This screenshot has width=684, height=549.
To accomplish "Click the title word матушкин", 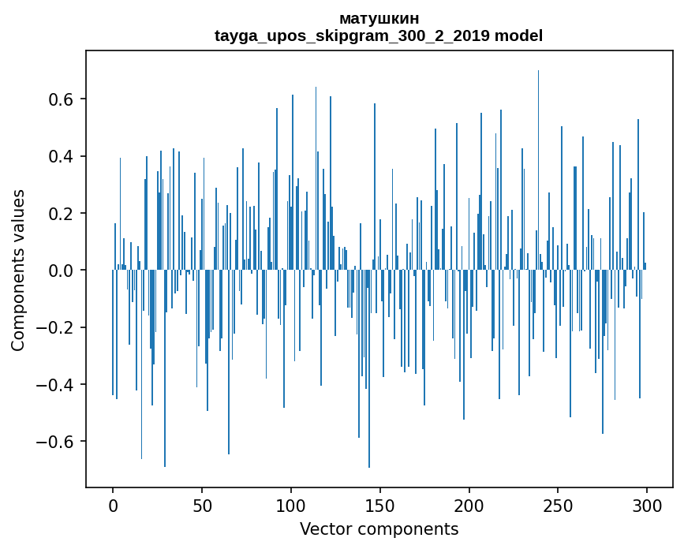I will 379,18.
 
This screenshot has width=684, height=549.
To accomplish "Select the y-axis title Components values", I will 18,270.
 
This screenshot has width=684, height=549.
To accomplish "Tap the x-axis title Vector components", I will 379,529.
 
